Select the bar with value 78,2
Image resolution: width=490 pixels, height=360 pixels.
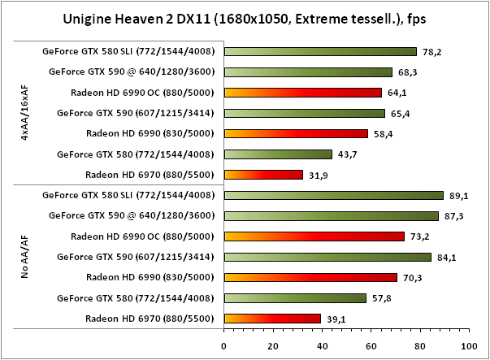tap(320, 51)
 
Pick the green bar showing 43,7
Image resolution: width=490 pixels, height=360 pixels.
tap(278, 154)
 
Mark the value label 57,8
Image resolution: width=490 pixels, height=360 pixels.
tap(381, 298)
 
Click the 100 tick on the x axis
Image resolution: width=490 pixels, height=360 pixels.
tap(467, 345)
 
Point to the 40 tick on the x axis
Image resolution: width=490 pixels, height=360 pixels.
tap(322, 345)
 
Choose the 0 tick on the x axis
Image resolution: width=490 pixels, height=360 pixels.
tap(224, 345)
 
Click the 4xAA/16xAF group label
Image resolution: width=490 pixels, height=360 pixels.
tap(26, 113)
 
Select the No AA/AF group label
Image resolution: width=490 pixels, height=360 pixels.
tap(26, 257)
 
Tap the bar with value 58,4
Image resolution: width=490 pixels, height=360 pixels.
tap(296, 133)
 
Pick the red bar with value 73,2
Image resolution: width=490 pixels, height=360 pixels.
tap(314, 236)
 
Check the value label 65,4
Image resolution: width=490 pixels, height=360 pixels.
tap(399, 113)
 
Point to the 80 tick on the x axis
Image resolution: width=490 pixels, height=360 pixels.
tap(418, 345)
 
